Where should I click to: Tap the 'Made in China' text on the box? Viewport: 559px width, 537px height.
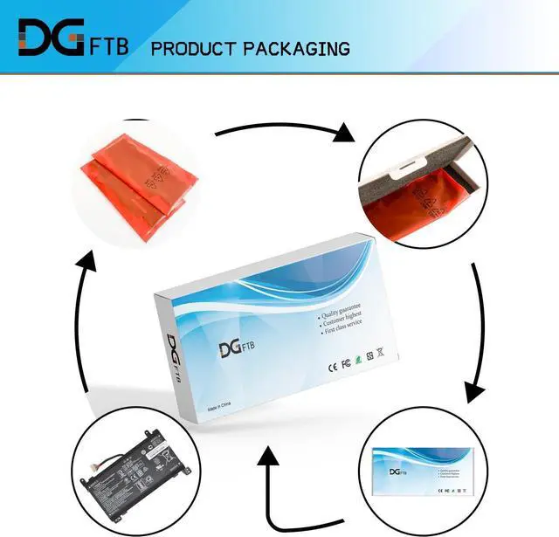point(222,410)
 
